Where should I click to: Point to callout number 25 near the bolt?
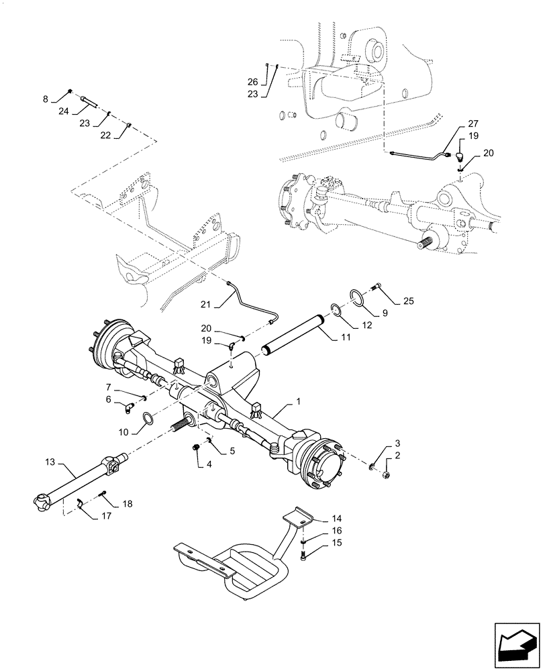pyautogui.click(x=409, y=302)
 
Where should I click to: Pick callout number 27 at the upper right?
pyautogui.click(x=474, y=124)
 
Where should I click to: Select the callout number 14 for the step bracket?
pyautogui.click(x=337, y=519)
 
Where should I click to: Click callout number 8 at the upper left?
pyautogui.click(x=46, y=99)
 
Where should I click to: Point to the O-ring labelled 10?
pyautogui.click(x=147, y=421)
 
